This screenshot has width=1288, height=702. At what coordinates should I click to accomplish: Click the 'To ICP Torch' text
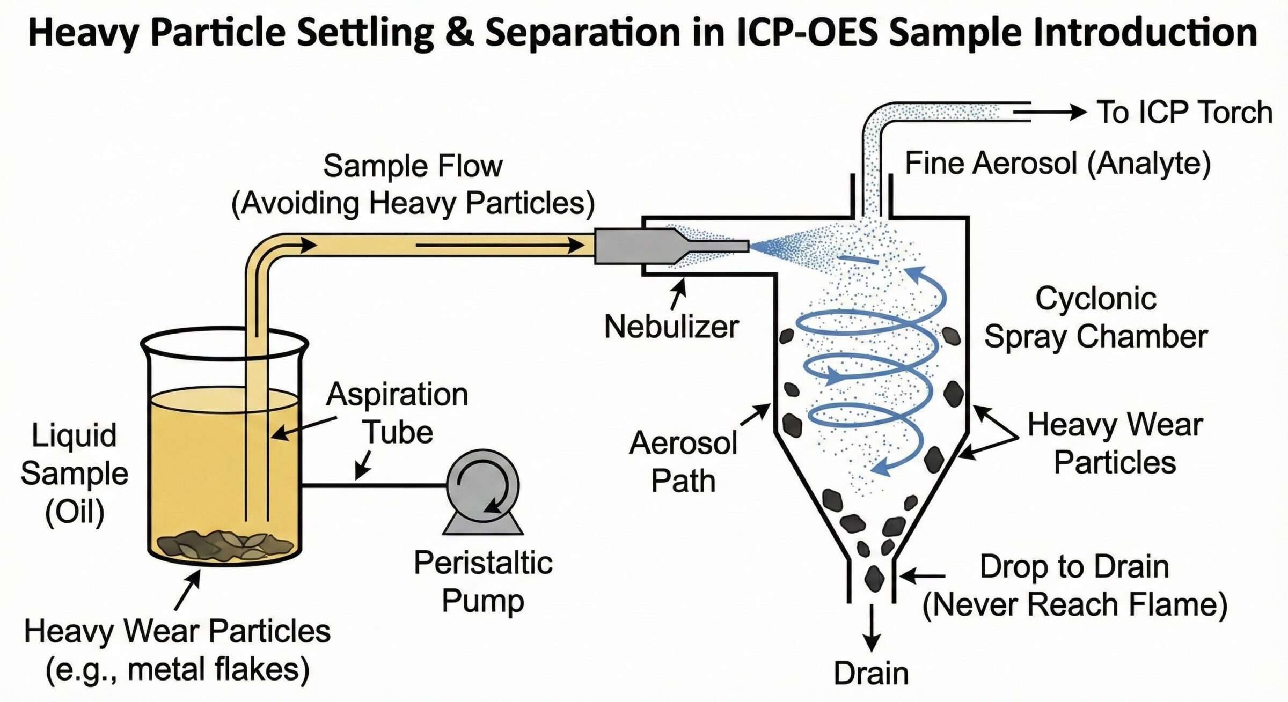[1184, 113]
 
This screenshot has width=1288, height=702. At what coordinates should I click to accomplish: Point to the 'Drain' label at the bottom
[870, 674]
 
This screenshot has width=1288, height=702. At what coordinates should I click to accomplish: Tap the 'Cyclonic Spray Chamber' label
[1095, 317]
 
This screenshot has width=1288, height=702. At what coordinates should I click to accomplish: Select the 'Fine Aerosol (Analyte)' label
[1058, 163]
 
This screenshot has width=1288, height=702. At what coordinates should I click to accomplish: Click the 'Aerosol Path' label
[683, 462]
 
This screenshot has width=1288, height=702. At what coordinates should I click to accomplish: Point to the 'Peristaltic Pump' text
[483, 581]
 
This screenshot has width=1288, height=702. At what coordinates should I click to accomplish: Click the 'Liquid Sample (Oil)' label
[75, 474]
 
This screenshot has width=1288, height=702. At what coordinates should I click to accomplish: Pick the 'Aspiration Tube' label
[397, 413]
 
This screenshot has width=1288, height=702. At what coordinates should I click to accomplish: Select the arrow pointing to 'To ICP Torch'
[1052, 112]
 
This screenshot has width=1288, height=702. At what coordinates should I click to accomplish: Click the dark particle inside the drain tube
[873, 578]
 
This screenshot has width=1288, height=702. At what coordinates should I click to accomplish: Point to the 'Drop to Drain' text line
[1074, 567]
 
